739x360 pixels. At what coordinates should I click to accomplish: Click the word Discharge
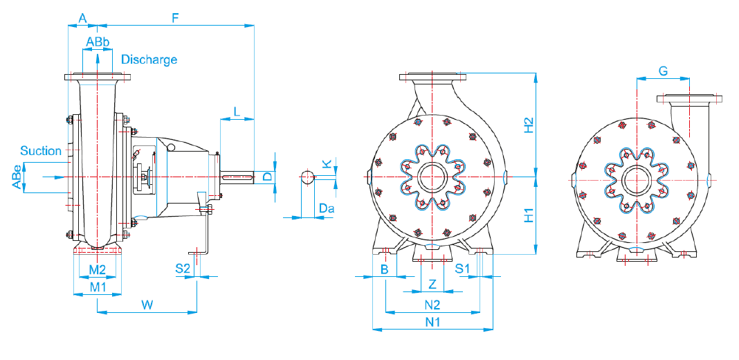pyautogui.click(x=149, y=60)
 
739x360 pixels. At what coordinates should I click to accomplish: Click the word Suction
pyautogui.click(x=41, y=151)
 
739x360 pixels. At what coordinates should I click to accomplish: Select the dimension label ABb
pyautogui.click(x=98, y=42)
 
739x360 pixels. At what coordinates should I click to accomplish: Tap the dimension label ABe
pyautogui.click(x=17, y=177)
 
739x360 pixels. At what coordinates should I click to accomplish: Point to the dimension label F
pyautogui.click(x=175, y=19)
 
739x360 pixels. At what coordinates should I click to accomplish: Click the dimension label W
pyautogui.click(x=147, y=305)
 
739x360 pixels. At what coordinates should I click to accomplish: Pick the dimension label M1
pyautogui.click(x=98, y=287)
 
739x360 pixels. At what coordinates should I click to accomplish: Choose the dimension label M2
pyautogui.click(x=98, y=269)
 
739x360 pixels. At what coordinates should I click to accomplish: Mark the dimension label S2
pyautogui.click(x=183, y=269)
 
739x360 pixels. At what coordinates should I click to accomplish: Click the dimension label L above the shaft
pyautogui.click(x=237, y=112)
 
